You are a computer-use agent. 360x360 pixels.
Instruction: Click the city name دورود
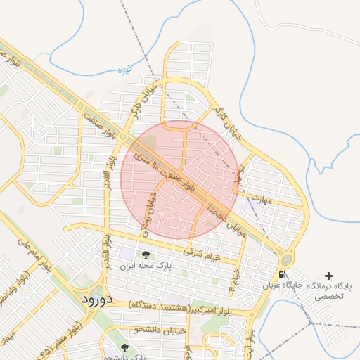point(92,299)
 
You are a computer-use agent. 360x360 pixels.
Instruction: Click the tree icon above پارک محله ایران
point(146,255)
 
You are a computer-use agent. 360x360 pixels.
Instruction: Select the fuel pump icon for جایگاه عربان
point(282,274)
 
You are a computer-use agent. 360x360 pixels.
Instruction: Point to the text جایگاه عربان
point(283,285)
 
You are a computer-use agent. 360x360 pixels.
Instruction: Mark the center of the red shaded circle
point(179,178)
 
